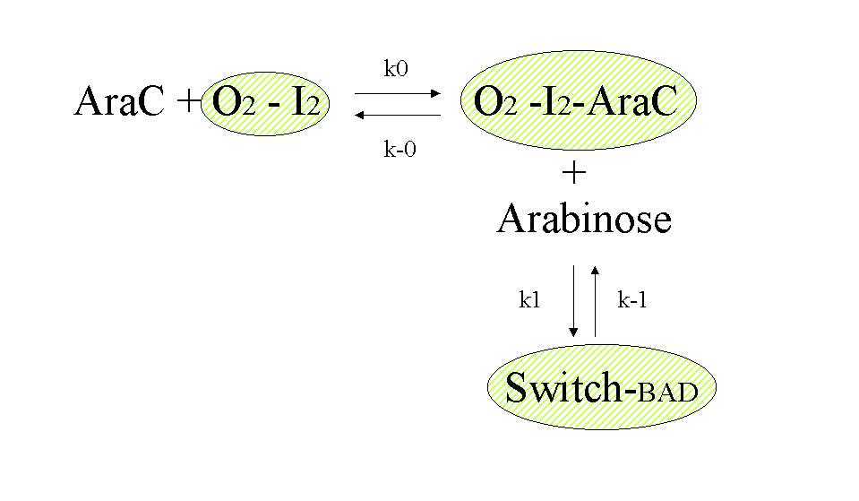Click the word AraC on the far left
(119, 102)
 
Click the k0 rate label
(396, 69)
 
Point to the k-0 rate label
(399, 150)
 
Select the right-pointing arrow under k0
(398, 92)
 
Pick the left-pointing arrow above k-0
(398, 115)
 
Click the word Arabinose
(584, 218)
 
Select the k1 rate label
(529, 301)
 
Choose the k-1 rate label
(632, 301)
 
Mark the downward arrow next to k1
(574, 301)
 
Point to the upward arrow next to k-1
(596, 301)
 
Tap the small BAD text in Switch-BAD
(667, 392)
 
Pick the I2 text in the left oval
(305, 103)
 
